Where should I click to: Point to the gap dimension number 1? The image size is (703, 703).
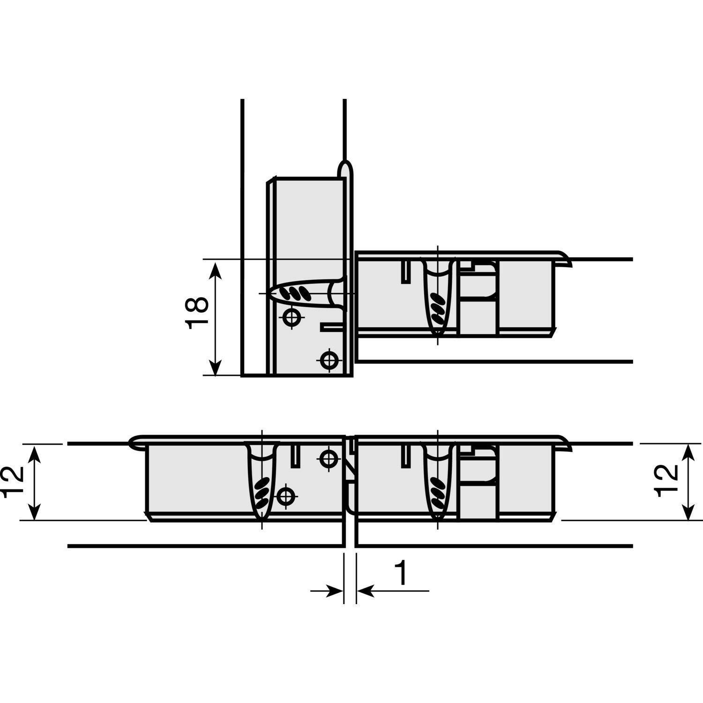[401, 573]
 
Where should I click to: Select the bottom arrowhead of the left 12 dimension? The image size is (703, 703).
[34, 510]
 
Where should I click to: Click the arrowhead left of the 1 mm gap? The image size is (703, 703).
[334, 591]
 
